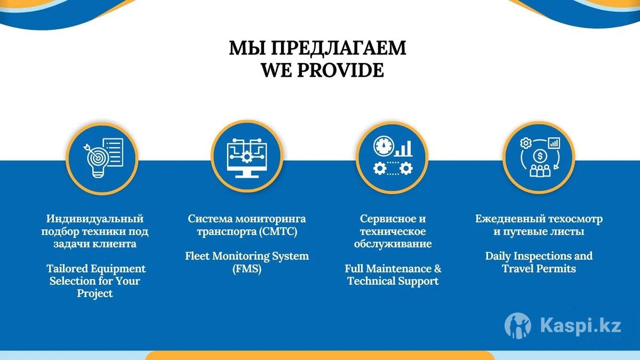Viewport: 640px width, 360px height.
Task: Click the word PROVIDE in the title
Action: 341,70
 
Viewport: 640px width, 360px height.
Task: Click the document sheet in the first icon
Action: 113,152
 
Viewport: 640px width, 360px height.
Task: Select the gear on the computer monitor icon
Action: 246,157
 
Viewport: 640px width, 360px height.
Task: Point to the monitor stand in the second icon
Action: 247,174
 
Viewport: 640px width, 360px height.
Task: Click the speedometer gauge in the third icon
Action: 383,146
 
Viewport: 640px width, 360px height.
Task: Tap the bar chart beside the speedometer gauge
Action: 403,149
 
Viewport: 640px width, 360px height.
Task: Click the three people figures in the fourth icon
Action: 540,171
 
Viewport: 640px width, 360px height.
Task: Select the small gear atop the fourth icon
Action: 525,143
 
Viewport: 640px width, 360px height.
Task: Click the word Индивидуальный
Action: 95,219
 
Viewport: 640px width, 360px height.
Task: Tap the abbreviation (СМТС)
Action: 278,231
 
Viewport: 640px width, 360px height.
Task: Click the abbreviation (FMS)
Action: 247,269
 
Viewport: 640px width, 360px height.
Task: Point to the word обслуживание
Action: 393,244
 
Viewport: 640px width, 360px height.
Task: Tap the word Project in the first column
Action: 95,294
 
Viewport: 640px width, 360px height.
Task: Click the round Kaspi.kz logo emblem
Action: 518,325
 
